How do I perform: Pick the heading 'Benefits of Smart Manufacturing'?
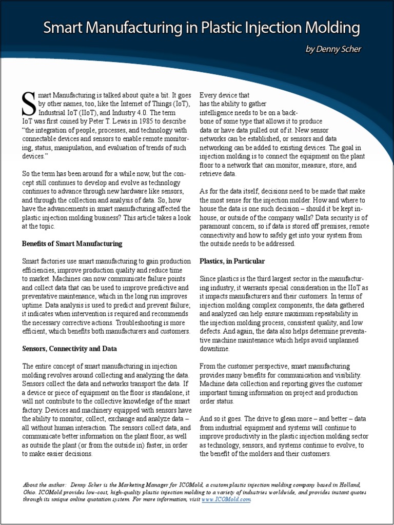72,243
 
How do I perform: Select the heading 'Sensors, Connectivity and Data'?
69,348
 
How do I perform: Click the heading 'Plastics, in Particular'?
232,261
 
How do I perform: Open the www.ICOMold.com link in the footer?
230,499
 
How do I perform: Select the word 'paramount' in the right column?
220,226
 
